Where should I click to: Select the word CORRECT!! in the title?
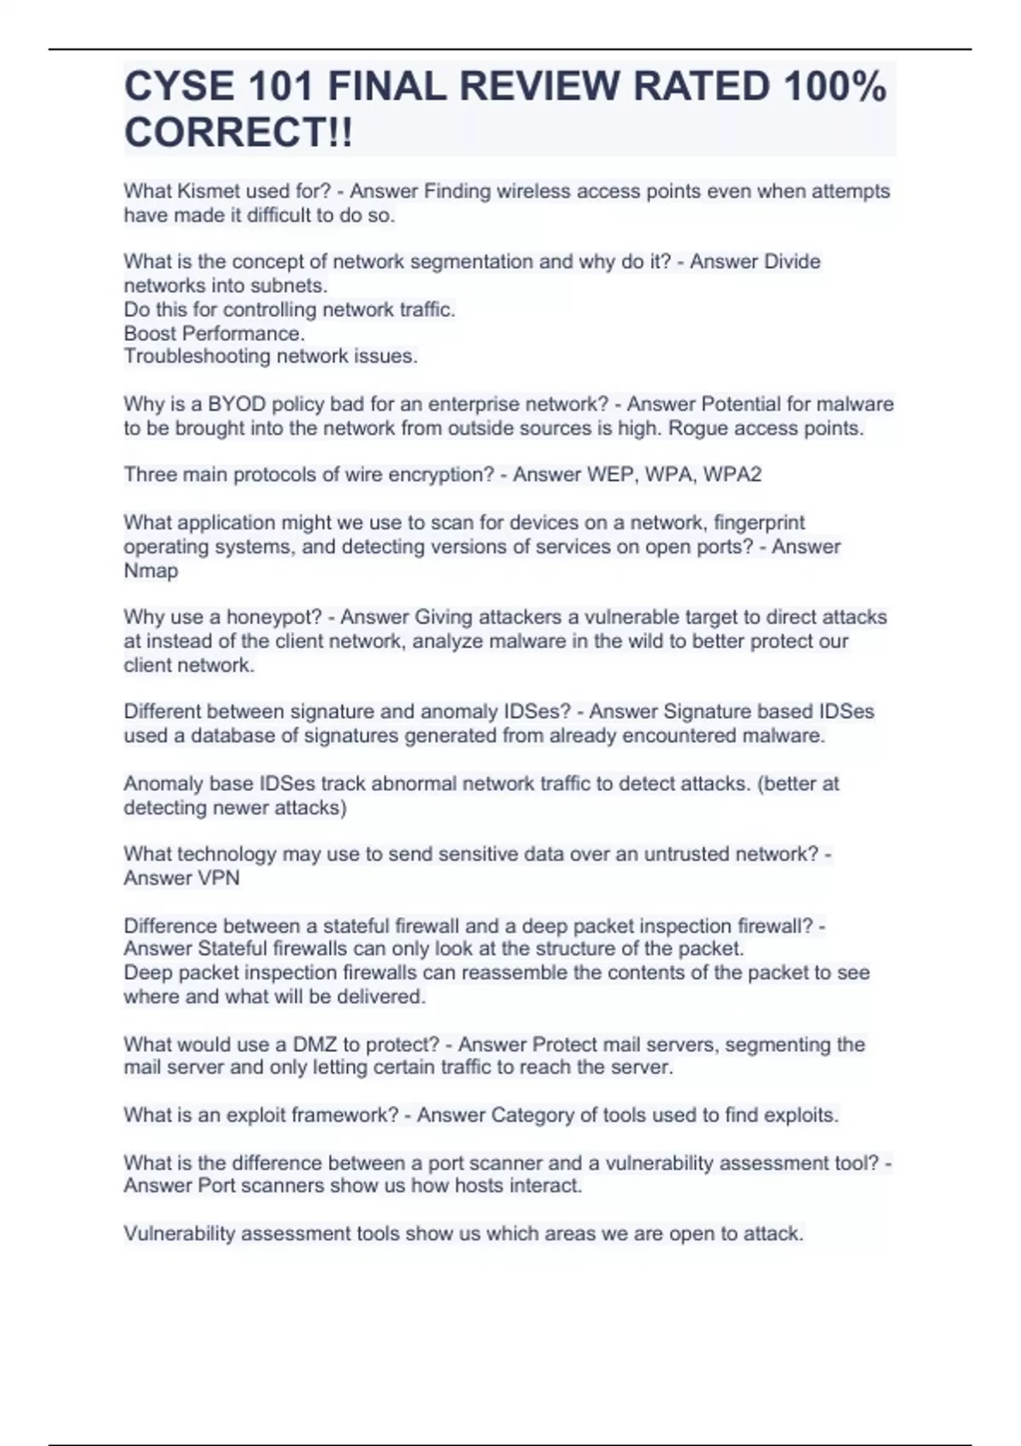pyautogui.click(x=238, y=133)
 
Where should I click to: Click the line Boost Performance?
pyautogui.click(x=214, y=333)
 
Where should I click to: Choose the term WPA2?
pyautogui.click(x=734, y=475)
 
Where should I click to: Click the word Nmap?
pyautogui.click(x=151, y=571)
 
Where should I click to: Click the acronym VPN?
pyautogui.click(x=219, y=878)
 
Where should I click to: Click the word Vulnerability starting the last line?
pyautogui.click(x=179, y=1234)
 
